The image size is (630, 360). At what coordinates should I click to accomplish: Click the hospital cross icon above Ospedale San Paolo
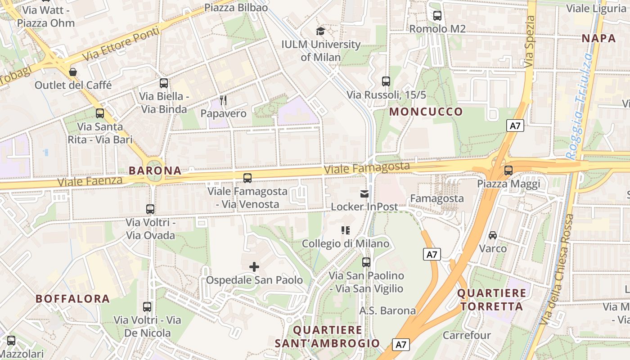tap(254, 267)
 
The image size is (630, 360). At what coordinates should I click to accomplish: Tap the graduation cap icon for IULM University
tap(320, 31)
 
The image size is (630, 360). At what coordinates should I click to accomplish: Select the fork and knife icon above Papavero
tap(223, 100)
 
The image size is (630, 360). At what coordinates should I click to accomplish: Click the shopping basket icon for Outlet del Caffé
tap(73, 72)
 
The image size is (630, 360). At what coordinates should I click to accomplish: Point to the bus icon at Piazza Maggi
tap(508, 171)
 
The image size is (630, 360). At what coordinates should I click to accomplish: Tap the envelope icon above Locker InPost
tap(364, 194)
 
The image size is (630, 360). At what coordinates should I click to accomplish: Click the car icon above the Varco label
tap(493, 235)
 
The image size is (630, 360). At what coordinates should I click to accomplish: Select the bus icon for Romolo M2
tap(437, 16)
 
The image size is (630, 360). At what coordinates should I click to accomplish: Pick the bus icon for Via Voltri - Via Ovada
tap(150, 209)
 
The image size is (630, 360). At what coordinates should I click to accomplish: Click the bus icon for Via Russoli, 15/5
tap(386, 81)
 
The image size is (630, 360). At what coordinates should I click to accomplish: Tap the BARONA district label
tap(155, 171)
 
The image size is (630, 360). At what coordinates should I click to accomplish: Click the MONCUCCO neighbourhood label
tap(426, 112)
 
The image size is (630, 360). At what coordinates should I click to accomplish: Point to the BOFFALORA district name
tap(72, 299)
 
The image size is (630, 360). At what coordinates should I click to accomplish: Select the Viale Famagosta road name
tap(367, 168)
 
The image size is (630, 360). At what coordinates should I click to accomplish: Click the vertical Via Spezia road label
tap(530, 41)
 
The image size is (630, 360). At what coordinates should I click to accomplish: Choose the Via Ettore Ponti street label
tap(121, 44)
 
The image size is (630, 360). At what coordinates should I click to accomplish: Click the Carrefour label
tap(467, 335)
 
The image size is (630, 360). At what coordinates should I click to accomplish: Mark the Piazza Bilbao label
tap(236, 8)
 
